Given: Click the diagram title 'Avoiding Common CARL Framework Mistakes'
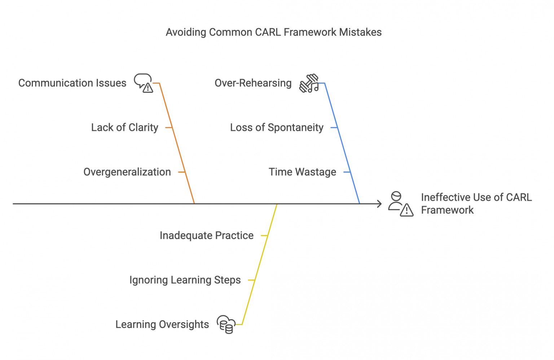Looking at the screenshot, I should (x=273, y=32).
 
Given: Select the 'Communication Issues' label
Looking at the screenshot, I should (x=72, y=83).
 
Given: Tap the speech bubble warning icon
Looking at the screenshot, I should (x=144, y=83).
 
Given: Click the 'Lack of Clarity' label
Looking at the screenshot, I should (x=124, y=128).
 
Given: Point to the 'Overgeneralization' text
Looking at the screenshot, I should (x=127, y=172).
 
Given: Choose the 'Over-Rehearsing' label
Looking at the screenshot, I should (x=253, y=83).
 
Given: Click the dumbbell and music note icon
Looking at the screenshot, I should (x=309, y=84).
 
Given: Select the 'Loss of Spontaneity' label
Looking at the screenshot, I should (x=277, y=128).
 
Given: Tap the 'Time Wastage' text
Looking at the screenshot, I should (x=302, y=172).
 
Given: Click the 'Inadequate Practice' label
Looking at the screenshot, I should (x=206, y=236).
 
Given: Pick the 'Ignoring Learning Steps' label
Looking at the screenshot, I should (x=185, y=280).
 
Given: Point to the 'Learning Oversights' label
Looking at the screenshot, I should (x=162, y=325).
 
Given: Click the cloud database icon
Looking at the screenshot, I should (x=226, y=324).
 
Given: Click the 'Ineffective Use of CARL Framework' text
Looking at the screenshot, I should (x=476, y=204).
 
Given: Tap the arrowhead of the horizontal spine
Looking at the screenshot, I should (x=379, y=204).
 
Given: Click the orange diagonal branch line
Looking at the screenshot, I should (x=177, y=144).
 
